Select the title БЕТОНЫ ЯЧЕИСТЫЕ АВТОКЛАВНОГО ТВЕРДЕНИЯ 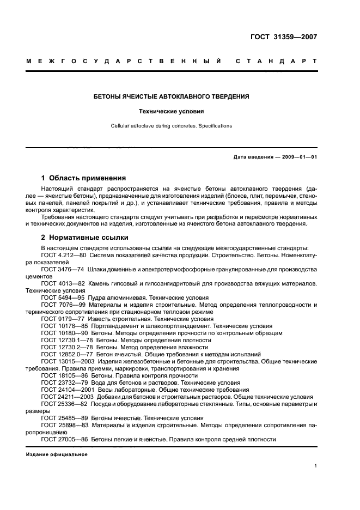coord(171,96)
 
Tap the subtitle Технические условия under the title coord(171,111)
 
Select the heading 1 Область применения coord(83,178)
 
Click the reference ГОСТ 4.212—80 coord(60,256)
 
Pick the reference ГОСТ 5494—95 coord(60,298)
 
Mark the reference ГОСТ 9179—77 coord(60,319)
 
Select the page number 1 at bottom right coord(315,466)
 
